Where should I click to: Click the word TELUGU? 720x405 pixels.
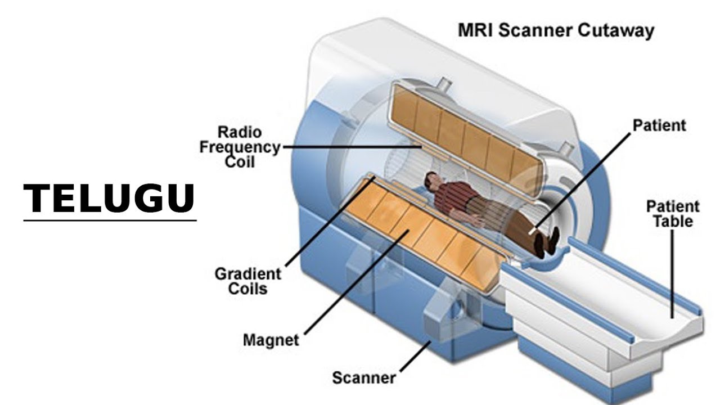(109, 197)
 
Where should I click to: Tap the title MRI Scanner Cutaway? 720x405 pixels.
(556, 30)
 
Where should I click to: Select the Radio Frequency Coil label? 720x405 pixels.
(240, 147)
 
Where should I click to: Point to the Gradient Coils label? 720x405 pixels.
(248, 281)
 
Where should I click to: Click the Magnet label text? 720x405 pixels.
(271, 340)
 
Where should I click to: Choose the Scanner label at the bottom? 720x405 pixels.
(363, 377)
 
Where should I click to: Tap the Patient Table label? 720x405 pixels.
(673, 214)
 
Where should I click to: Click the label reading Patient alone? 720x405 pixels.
(659, 125)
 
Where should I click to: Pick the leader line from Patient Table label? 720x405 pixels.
(673, 270)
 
